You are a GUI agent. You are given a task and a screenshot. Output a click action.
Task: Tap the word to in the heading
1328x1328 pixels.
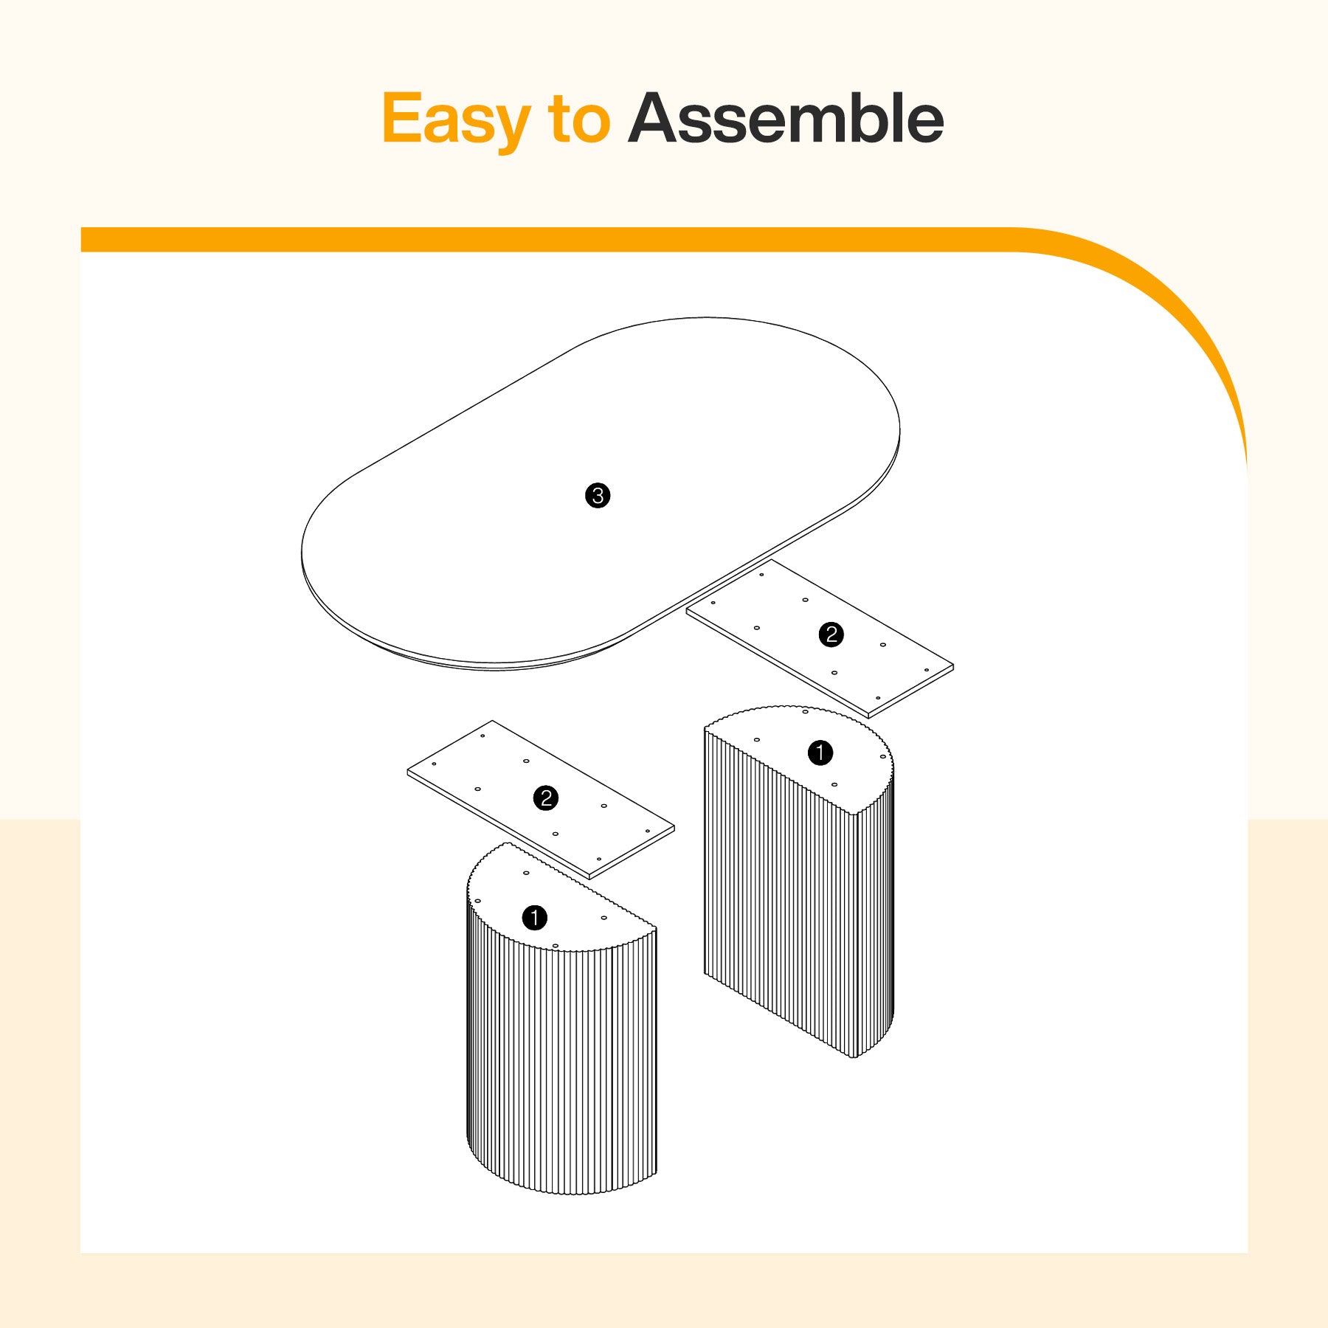(579, 119)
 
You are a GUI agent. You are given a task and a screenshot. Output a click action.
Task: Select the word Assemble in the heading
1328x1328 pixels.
(786, 118)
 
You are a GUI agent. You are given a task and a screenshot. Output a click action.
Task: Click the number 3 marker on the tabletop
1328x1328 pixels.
(598, 495)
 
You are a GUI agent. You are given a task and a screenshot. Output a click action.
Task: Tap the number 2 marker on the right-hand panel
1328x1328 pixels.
(831, 634)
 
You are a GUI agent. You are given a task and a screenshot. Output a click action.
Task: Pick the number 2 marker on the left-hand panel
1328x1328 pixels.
(546, 798)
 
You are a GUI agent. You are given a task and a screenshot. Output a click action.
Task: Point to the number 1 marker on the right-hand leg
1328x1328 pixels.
(820, 753)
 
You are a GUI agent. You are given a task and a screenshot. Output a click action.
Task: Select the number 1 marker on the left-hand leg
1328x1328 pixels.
(535, 919)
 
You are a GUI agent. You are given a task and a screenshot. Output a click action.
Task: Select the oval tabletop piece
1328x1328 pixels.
(600, 494)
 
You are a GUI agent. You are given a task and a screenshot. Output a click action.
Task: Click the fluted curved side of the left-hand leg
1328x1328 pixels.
(561, 1070)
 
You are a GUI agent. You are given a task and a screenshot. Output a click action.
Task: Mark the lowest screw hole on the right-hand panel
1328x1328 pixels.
(878, 698)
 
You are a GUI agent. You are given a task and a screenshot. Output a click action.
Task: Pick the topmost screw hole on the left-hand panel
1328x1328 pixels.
(483, 736)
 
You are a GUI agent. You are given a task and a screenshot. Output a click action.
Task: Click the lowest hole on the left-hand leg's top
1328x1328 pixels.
(556, 945)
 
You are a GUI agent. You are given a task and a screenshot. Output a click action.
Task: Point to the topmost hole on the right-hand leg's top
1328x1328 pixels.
(805, 712)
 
